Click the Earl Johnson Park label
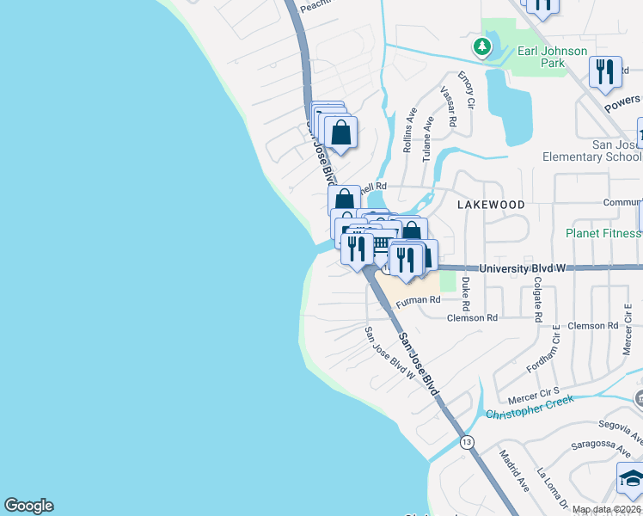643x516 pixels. point(552,57)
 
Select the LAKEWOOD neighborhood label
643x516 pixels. point(491,205)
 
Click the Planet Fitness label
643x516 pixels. point(603,233)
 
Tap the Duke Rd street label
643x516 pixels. point(466,293)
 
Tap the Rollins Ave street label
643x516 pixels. point(409,130)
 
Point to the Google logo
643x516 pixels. point(28,506)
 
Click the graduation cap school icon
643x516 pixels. point(630,480)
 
